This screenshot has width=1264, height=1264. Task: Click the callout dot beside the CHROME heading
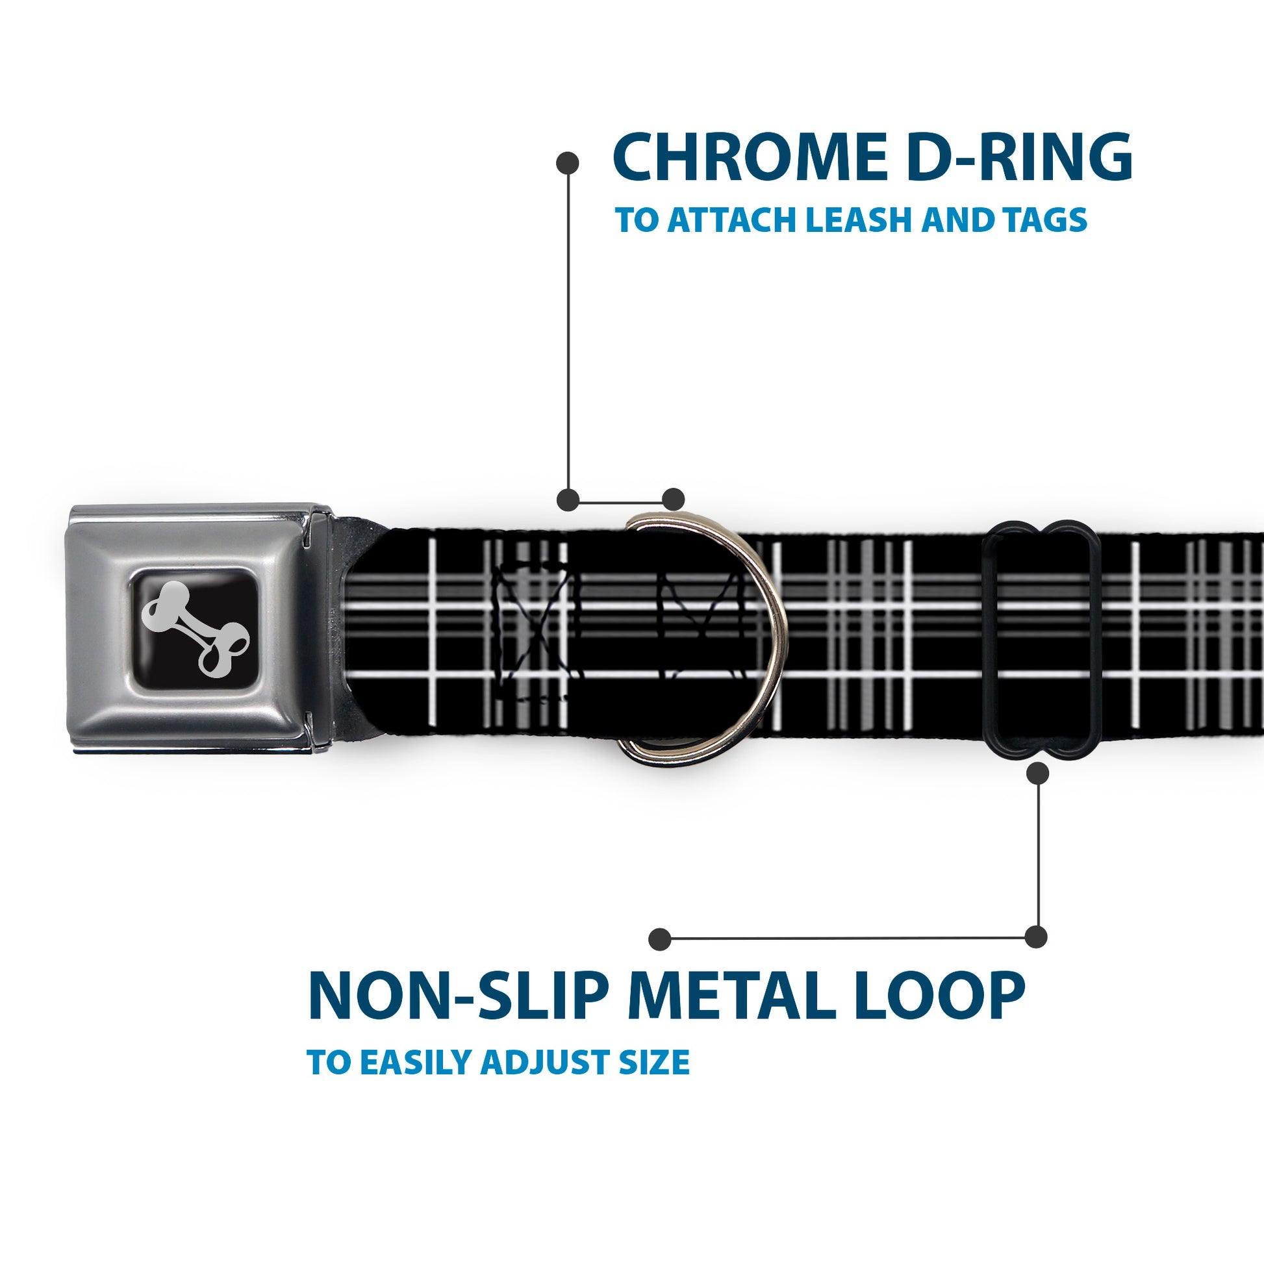coord(567,163)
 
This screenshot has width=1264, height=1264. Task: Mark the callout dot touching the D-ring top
coord(673,499)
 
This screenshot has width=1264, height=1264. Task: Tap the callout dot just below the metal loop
coord(1037,774)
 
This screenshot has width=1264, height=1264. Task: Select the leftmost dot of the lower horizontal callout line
coord(660,939)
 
